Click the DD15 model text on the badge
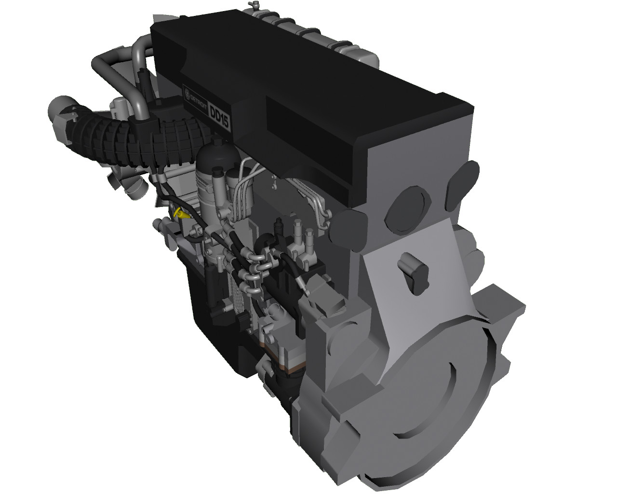(220, 117)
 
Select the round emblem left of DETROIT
(187, 93)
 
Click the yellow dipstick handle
(181, 213)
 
